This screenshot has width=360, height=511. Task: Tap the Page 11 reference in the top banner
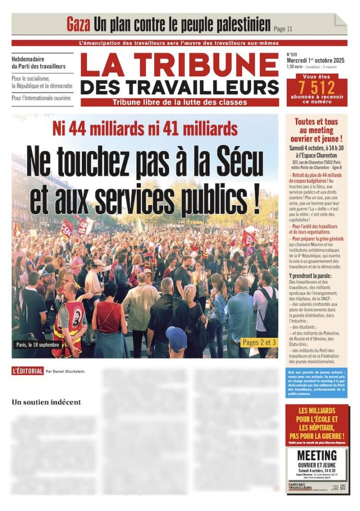pos(283,28)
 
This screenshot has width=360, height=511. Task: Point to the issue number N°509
pos(293,54)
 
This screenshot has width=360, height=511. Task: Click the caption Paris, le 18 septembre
pos(38,344)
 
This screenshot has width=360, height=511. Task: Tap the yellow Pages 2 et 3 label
pos(259,342)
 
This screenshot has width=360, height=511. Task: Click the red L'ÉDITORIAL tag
pos(27,371)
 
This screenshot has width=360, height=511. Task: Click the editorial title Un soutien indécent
pos(46,402)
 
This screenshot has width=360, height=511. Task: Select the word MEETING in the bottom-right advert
pos(317,455)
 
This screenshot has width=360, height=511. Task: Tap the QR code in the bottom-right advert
pos(343,487)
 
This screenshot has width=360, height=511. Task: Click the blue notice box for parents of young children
pos(317,383)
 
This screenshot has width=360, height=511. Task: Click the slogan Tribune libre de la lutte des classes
pos(180,102)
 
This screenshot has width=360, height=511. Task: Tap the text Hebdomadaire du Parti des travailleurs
pos(39,62)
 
